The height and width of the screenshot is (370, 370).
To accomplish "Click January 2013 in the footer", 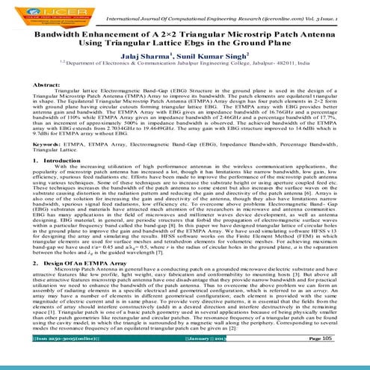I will [207, 359].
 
